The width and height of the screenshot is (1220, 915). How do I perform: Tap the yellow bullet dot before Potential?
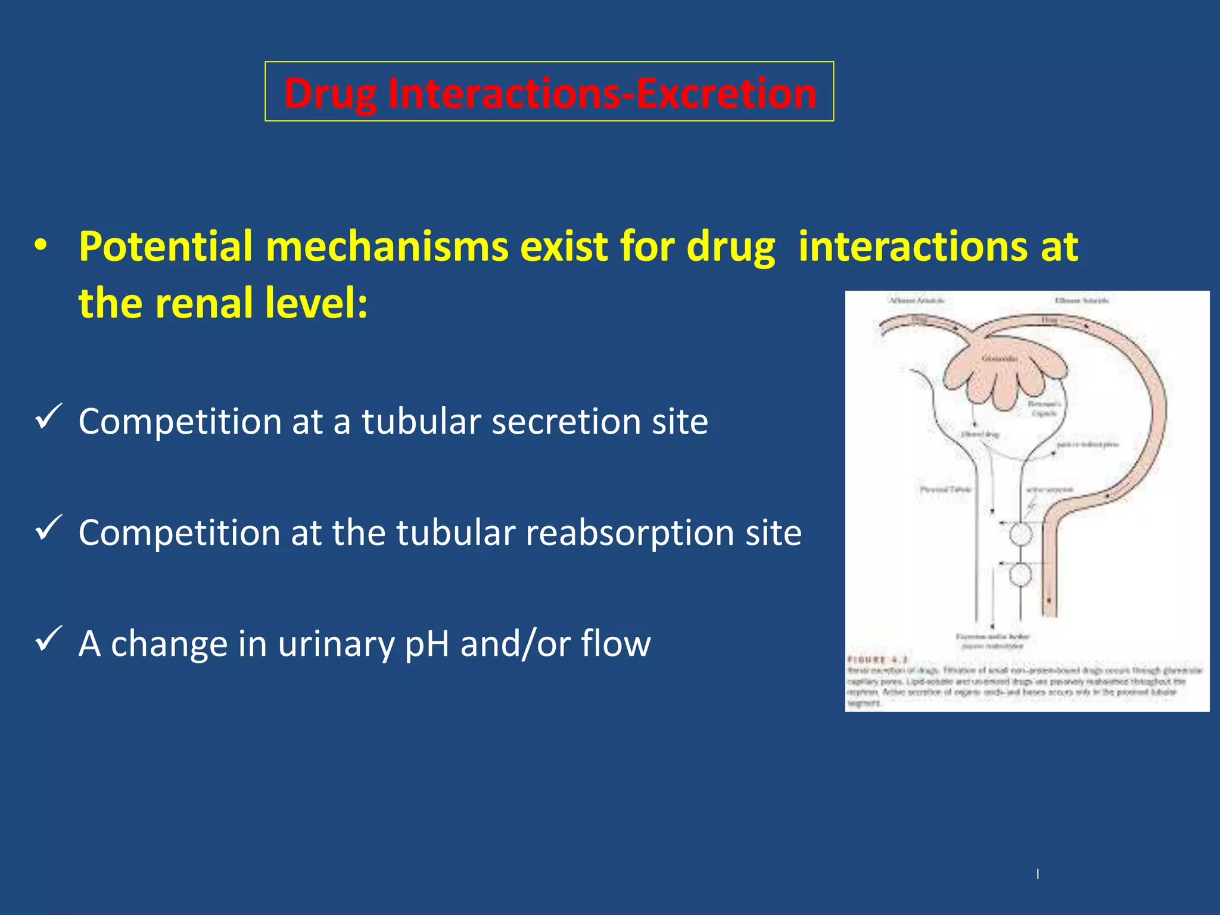tap(41, 246)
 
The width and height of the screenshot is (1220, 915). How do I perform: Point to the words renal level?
tap(262, 303)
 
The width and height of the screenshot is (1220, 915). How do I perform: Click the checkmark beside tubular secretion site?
tap(49, 416)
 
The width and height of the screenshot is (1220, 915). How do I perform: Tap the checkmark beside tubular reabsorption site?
tap(49, 527)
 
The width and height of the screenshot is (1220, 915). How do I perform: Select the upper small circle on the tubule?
tap(1020, 534)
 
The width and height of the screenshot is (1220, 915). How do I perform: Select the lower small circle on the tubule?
tap(1020, 575)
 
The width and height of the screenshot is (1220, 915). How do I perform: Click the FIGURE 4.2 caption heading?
tap(877, 660)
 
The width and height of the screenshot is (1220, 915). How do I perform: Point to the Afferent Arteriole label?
tap(917, 301)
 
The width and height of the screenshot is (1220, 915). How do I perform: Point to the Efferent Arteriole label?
tap(1082, 301)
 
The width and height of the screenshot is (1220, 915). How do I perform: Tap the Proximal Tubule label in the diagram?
tap(945, 490)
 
